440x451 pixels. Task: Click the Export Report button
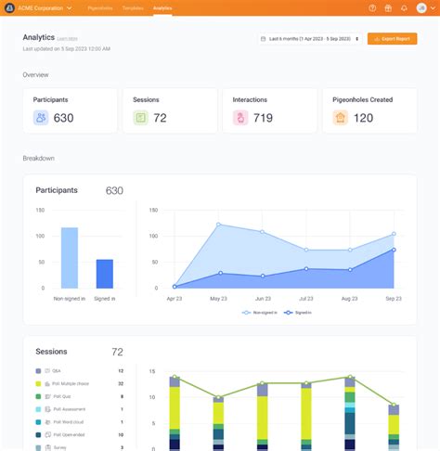tap(392, 39)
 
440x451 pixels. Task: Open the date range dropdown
tap(310, 39)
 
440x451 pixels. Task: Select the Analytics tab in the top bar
tap(162, 7)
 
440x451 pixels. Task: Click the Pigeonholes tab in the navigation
tap(100, 7)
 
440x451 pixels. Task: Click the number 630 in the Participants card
tap(63, 118)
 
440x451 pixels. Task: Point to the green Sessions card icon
tap(140, 118)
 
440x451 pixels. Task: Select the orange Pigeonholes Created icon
tap(340, 118)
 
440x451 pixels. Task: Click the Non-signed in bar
tap(70, 257)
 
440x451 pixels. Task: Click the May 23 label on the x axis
tap(219, 299)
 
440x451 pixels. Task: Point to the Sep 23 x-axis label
tap(395, 299)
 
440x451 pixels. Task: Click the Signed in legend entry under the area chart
tap(300, 314)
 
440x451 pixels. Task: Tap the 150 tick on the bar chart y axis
tap(40, 210)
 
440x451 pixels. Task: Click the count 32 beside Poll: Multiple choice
tap(121, 383)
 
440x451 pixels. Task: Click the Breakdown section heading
tap(38, 159)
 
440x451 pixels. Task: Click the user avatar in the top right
tap(421, 7)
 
